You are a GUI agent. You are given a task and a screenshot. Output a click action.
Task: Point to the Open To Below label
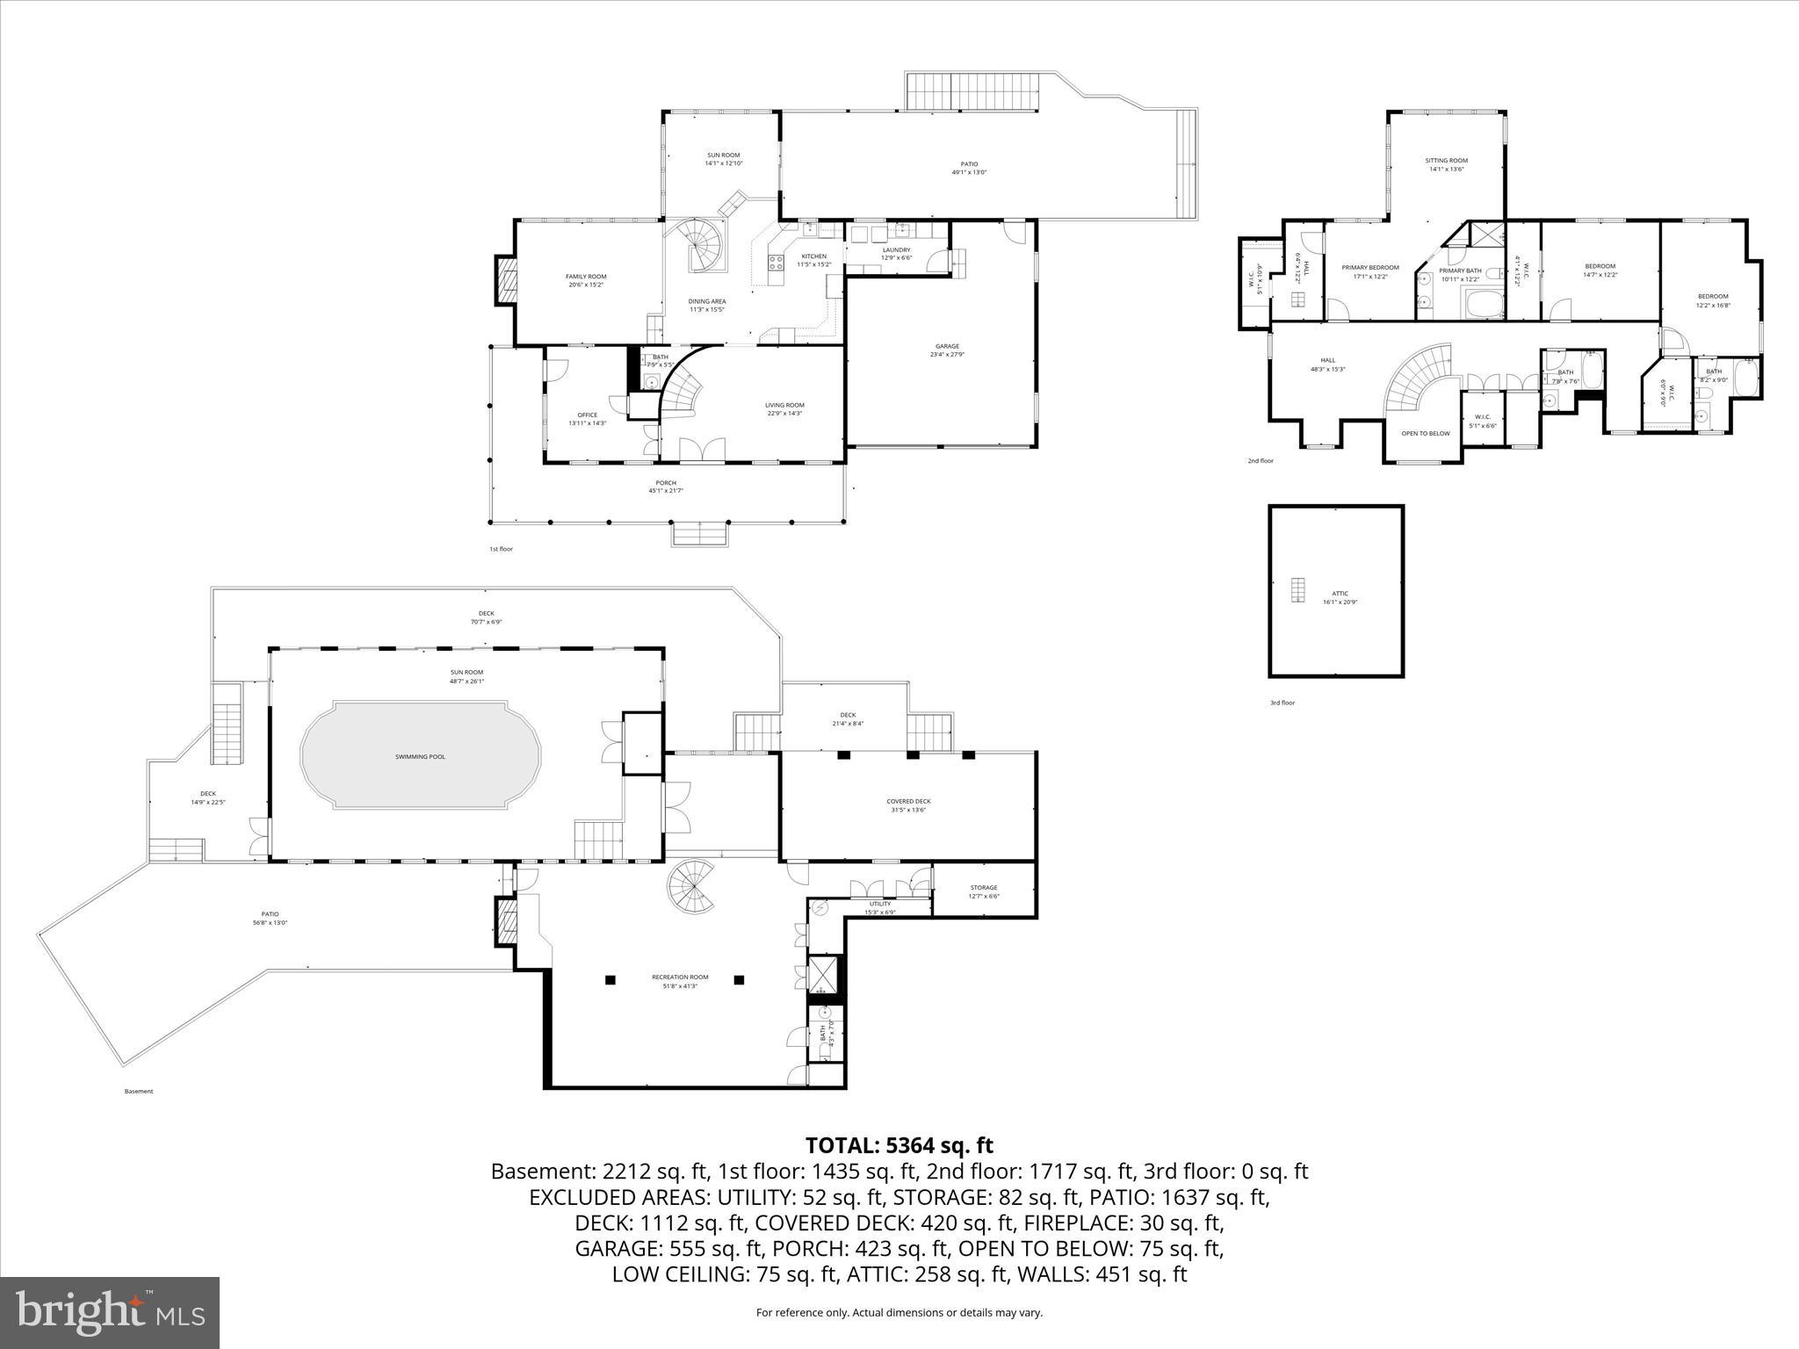point(1425,433)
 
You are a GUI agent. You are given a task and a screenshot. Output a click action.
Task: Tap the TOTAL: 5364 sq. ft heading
point(899,1145)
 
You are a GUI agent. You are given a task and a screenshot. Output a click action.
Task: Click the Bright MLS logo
point(110,1312)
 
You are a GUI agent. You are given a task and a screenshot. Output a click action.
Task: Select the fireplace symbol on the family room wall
point(507,280)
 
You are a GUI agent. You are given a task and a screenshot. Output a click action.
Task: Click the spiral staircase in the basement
point(694,887)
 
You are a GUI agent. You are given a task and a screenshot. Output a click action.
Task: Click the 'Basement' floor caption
point(139,1092)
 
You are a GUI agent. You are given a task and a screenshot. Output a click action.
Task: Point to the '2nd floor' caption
point(1260,460)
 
